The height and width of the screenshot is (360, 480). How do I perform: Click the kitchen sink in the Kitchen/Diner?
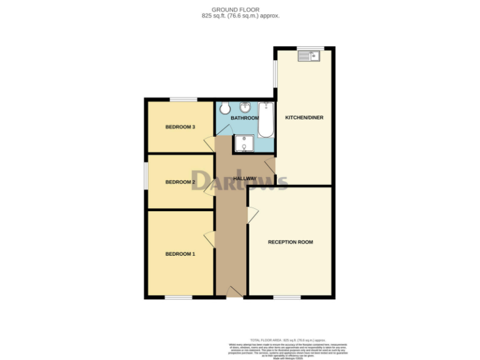[309, 57]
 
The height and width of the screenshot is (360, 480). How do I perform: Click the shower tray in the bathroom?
[244, 144]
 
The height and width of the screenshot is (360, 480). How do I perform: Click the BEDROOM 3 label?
[180, 127]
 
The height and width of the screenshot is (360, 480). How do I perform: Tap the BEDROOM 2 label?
[180, 182]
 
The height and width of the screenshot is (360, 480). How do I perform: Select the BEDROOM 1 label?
[180, 254]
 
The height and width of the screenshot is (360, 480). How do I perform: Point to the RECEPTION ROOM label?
[290, 242]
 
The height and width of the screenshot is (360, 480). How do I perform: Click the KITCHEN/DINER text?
[304, 117]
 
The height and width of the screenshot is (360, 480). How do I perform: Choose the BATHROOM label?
[244, 118]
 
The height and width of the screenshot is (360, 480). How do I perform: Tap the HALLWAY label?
[244, 179]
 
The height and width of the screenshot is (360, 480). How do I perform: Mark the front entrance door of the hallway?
[235, 292]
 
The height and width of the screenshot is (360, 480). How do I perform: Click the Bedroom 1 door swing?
[209, 238]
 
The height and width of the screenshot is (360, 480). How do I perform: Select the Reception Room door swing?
[252, 215]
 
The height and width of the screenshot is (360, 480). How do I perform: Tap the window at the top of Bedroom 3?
[183, 99]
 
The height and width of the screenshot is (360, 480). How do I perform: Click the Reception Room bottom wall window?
[287, 297]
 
